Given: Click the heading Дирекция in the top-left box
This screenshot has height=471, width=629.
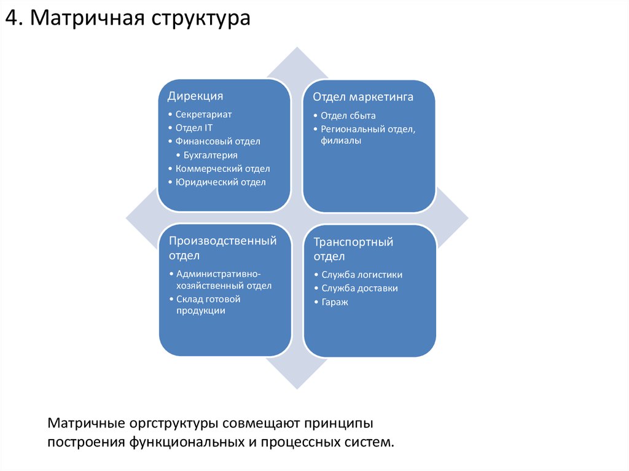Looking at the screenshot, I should [x=195, y=96].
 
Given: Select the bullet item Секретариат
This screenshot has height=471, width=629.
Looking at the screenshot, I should [x=203, y=114].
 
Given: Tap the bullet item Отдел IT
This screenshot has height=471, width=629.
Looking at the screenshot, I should [x=193, y=128].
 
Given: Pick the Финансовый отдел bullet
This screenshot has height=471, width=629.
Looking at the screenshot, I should [x=217, y=141].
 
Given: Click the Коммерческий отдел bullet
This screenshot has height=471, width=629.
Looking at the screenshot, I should [x=222, y=169].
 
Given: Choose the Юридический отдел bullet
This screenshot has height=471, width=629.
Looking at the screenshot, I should [x=221, y=182].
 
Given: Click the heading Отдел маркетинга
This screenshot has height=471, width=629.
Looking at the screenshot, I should [x=362, y=97].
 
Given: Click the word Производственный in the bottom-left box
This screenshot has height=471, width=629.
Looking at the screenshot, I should [x=223, y=241].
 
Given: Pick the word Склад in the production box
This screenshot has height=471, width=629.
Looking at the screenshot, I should [x=189, y=299].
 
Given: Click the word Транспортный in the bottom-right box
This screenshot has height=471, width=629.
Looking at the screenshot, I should [x=353, y=242].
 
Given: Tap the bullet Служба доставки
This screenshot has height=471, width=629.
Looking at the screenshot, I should [x=359, y=288].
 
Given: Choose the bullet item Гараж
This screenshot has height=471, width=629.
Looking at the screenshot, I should [x=335, y=302].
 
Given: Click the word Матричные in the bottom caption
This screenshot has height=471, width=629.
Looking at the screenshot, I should [x=87, y=424].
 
